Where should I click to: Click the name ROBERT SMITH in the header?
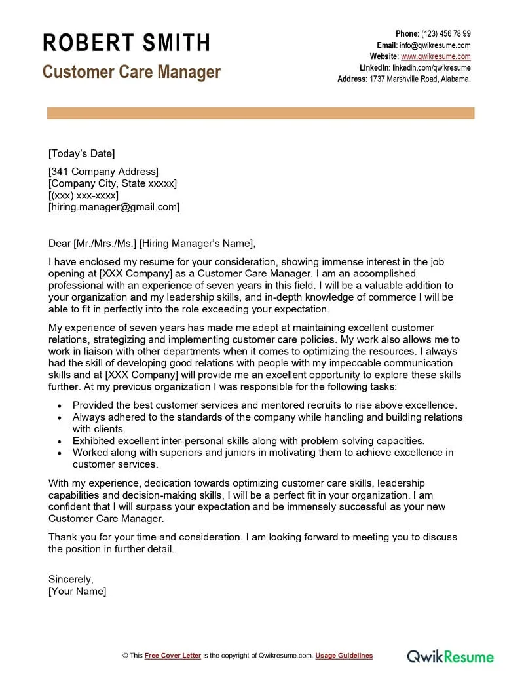pyautogui.click(x=126, y=43)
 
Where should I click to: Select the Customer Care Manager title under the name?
pyautogui.click(x=132, y=71)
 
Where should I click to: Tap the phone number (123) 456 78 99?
pyautogui.click(x=445, y=34)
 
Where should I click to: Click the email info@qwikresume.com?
pyautogui.click(x=435, y=45)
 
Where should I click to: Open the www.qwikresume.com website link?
pyautogui.click(x=436, y=56)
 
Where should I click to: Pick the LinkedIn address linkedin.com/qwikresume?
pyautogui.click(x=431, y=67)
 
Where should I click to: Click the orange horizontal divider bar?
pyautogui.click(x=261, y=113)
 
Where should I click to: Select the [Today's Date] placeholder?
pyautogui.click(x=81, y=153)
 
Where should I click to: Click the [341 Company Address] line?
pyautogui.click(x=103, y=172)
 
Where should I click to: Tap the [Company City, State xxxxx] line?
pyautogui.click(x=113, y=183)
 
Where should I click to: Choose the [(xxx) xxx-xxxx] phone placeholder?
pyautogui.click(x=83, y=195)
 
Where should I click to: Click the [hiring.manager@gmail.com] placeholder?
pyautogui.click(x=114, y=207)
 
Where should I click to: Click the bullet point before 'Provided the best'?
pyautogui.click(x=60, y=406)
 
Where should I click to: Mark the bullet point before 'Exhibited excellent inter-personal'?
pyautogui.click(x=60, y=442)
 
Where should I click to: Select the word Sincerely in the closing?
pyautogui.click(x=71, y=579)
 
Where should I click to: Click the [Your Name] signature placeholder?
pyautogui.click(x=77, y=591)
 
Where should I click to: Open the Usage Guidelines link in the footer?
pyautogui.click(x=344, y=656)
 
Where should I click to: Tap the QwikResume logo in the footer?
pyautogui.click(x=451, y=656)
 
